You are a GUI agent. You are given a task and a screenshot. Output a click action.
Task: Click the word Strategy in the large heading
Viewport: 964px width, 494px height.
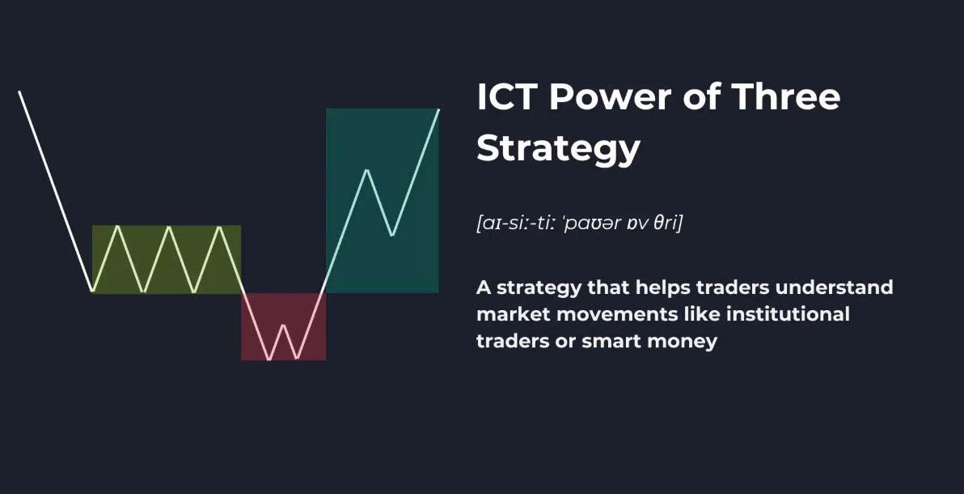point(558,150)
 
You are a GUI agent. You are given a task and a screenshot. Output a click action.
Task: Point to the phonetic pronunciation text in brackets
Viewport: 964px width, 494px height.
point(579,223)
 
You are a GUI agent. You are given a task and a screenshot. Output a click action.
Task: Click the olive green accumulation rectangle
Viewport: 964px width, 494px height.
point(167,259)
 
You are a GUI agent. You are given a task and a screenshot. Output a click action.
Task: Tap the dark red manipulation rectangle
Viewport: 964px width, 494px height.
point(283,326)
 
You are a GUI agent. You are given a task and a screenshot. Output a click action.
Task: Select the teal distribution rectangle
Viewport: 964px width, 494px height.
point(382,200)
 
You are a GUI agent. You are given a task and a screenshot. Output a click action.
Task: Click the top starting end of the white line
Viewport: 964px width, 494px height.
point(19,92)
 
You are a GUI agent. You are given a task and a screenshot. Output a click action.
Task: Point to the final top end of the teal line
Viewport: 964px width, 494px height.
point(438,109)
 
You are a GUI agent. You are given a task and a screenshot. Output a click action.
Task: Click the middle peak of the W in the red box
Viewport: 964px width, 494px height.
point(283,325)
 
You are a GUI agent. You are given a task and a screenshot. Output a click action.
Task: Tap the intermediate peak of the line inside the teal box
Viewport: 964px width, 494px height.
point(367,169)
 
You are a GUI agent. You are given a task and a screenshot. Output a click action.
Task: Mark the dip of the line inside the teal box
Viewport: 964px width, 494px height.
point(392,236)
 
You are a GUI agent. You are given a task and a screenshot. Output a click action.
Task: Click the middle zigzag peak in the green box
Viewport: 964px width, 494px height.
point(168,228)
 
